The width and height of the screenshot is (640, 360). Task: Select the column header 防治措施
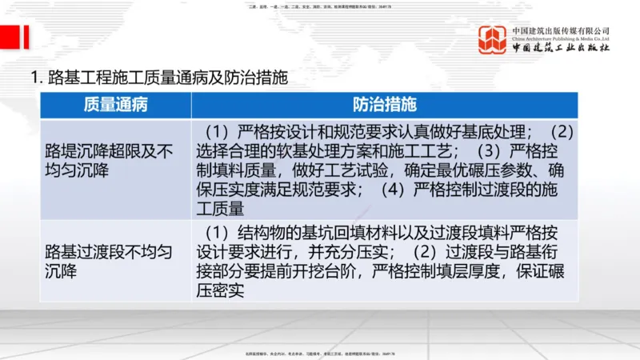coord(384,105)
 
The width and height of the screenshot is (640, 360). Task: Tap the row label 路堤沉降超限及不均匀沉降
coord(109,159)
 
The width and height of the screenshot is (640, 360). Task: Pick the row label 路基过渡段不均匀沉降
coord(109,261)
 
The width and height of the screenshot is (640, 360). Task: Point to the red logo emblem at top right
coord(492,40)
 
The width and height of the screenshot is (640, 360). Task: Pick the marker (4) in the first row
coord(389,190)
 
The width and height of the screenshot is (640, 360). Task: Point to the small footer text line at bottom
coord(320,353)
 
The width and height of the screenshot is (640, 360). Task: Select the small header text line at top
coord(320,6)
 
